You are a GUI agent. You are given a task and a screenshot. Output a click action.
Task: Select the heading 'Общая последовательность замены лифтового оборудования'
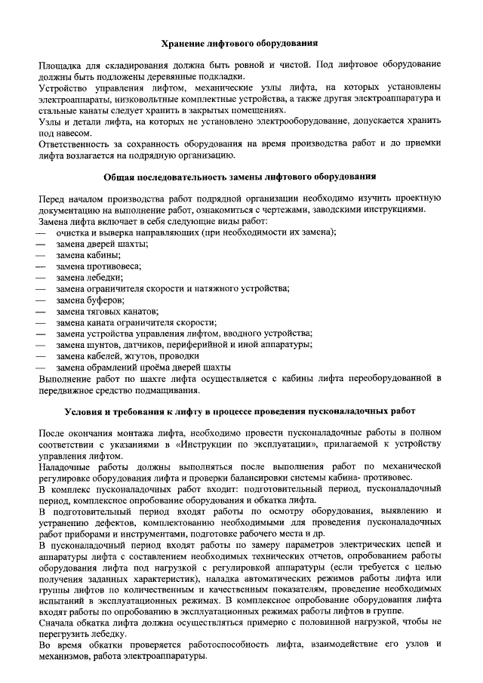coord(241,177)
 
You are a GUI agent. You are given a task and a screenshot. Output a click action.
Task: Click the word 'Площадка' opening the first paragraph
coord(60,66)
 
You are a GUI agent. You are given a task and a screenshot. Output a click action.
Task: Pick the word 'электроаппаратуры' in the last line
coord(163,657)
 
